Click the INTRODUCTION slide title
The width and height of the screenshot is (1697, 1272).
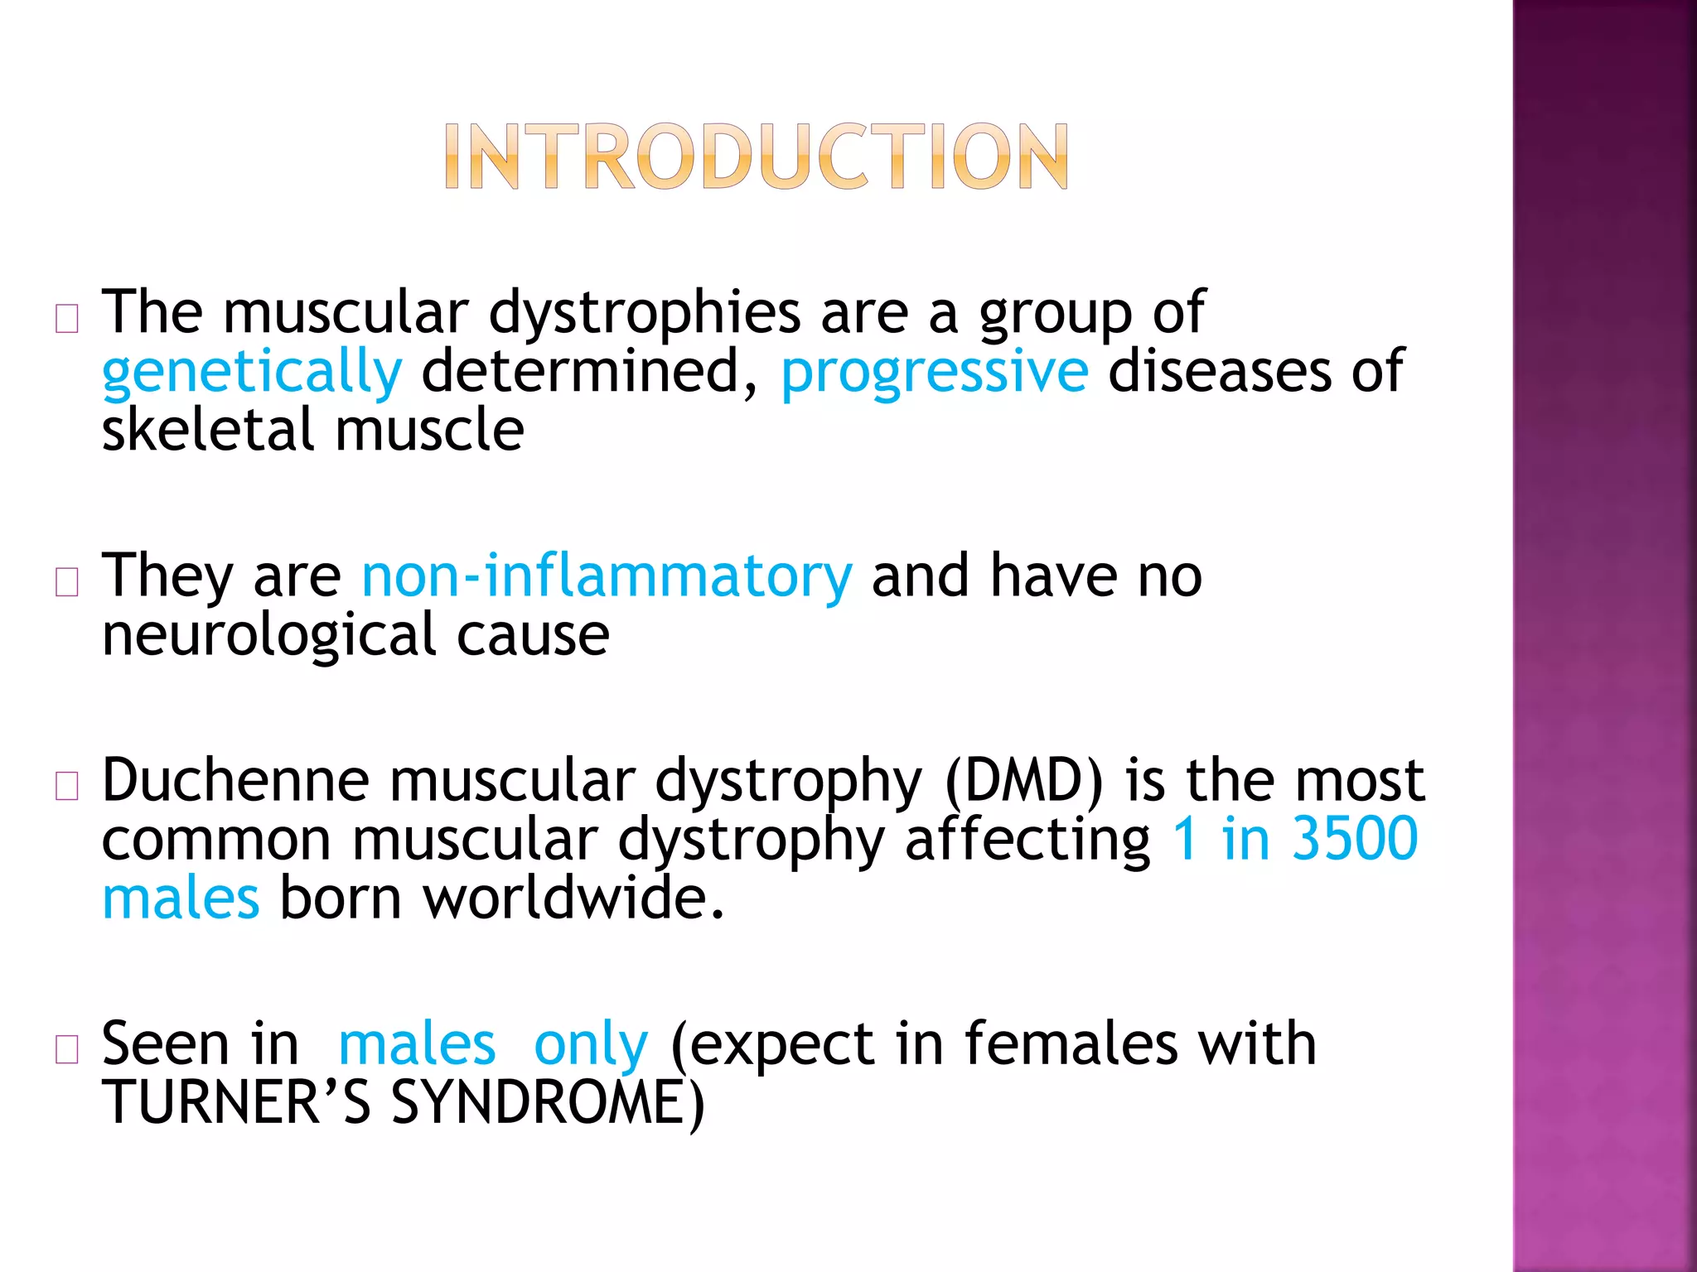pos(756,157)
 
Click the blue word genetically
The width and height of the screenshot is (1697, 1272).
pos(251,373)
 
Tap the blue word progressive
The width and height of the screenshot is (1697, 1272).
pos(934,373)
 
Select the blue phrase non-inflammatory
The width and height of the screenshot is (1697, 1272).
pos(607,576)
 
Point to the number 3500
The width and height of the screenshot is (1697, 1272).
pos(1354,839)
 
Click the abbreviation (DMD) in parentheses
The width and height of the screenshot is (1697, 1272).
pos(1025,781)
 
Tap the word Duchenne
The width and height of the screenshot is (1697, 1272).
pos(235,781)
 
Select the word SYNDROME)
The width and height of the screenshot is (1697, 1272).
pos(547,1102)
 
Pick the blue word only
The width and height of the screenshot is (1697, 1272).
pos(590,1045)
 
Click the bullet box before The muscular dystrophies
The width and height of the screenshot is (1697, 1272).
pos(67,319)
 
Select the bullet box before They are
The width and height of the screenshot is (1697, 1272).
pos(67,582)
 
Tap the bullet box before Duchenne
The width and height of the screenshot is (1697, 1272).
pos(67,786)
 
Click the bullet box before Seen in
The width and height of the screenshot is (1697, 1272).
pos(67,1049)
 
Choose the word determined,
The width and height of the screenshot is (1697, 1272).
pos(589,371)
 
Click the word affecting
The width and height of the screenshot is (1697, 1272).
pos(1027,841)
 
